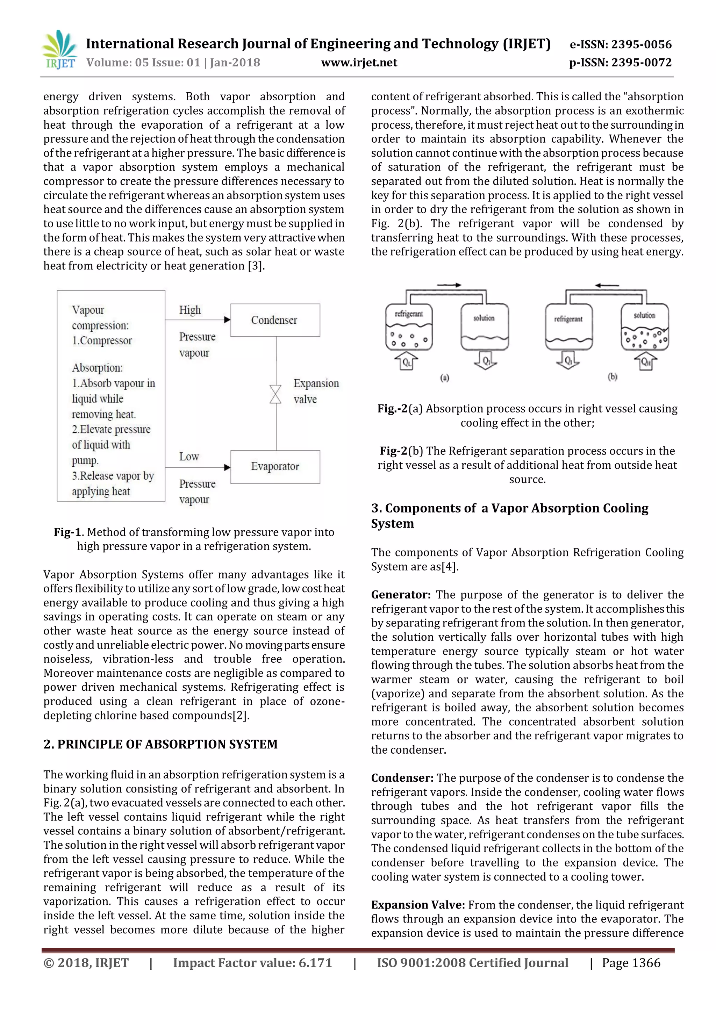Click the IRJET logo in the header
[59, 49]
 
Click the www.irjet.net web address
[359, 63]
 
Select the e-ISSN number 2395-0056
[621, 44]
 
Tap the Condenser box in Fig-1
[275, 320]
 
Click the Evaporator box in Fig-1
[275, 466]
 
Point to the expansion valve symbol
[275, 394]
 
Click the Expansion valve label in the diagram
[316, 391]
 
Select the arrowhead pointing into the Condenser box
[227, 320]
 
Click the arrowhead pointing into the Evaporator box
[227, 467]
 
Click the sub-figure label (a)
[444, 378]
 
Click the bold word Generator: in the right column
[400, 595]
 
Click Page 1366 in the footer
[631, 963]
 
